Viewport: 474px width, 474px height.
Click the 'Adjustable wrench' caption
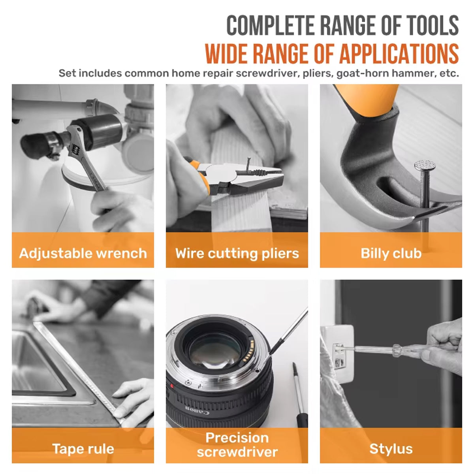click(83, 253)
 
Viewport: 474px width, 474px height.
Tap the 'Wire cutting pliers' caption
click(237, 253)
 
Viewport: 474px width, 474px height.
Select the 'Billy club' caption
click(391, 253)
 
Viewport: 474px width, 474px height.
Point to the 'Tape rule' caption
click(83, 448)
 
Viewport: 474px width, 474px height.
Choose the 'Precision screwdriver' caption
click(237, 444)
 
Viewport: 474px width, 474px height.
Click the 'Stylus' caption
click(391, 448)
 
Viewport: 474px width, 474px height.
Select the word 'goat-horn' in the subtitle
click(360, 73)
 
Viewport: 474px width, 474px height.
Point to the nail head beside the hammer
click(425, 166)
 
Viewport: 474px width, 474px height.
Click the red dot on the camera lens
click(171, 385)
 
